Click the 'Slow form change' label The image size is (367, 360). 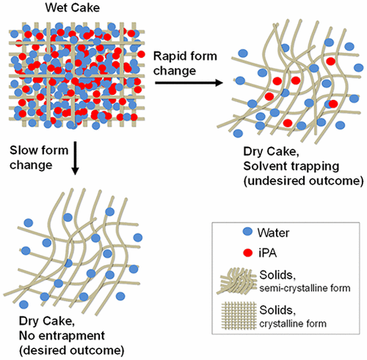(36, 156)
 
